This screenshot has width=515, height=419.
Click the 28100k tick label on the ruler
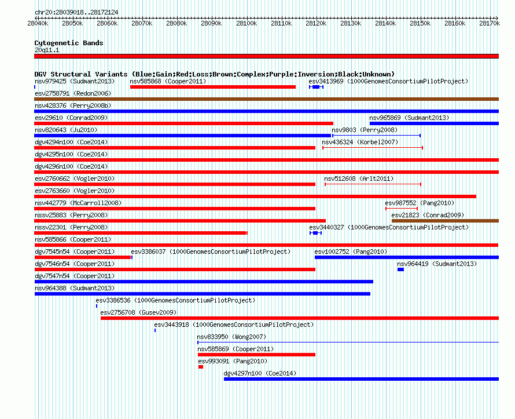click(247, 23)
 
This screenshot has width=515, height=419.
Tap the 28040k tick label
click(38, 23)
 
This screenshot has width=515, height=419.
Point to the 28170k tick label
click(490, 23)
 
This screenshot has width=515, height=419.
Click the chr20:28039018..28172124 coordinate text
click(76, 13)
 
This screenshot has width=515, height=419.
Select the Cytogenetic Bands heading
click(69, 43)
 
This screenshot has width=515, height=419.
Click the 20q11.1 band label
click(47, 50)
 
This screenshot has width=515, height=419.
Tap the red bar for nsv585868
click(213, 87)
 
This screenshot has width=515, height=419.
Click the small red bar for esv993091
click(201, 367)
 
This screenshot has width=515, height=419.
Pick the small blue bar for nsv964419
click(400, 269)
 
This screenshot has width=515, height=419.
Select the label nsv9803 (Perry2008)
click(365, 130)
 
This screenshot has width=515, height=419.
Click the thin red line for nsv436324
click(373, 148)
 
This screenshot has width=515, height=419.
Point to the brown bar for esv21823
click(445, 221)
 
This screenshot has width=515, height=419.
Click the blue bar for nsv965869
click(434, 123)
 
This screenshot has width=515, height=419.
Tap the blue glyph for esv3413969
click(317, 87)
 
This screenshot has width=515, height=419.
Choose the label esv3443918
click(171, 325)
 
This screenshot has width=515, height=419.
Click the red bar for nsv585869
click(256, 355)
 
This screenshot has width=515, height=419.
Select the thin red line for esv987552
click(402, 209)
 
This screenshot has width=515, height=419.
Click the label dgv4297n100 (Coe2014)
click(260, 374)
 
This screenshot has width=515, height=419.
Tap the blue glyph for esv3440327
click(315, 233)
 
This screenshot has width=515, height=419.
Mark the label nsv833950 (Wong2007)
click(231, 337)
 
